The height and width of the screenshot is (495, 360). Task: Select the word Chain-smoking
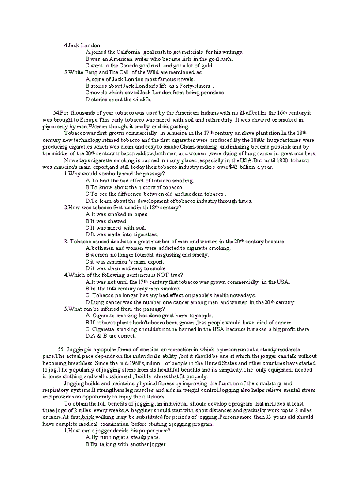(199, 147)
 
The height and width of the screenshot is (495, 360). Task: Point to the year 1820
(281, 160)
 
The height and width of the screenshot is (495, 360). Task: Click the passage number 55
(64, 350)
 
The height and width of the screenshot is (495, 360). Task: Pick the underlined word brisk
(88, 417)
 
